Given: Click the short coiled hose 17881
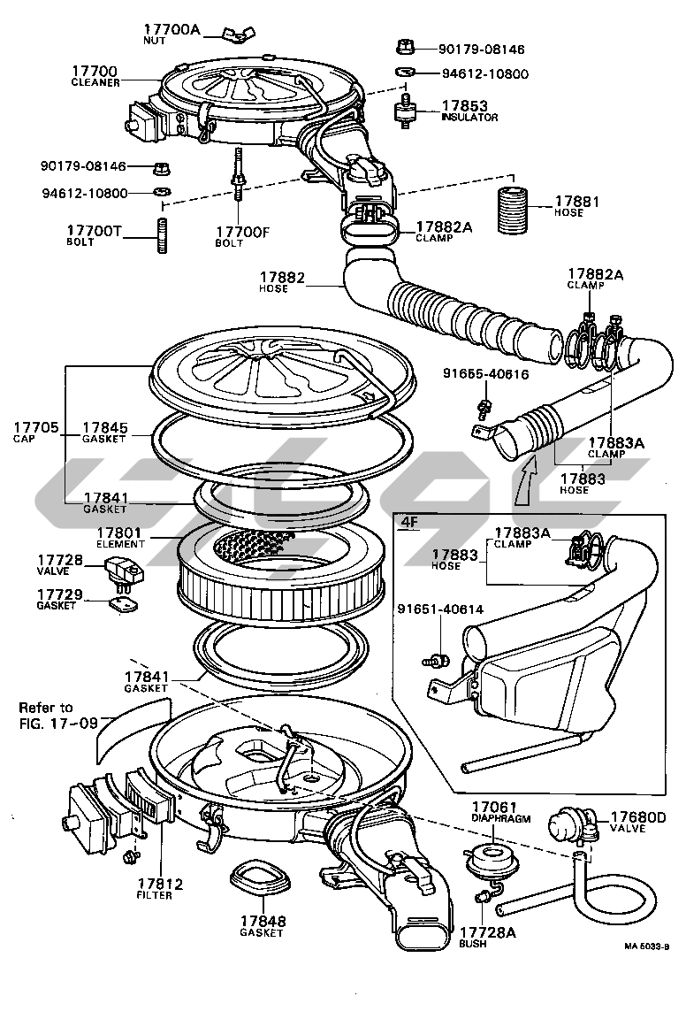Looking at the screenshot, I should point(510,212).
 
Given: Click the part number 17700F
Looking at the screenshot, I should point(241,232).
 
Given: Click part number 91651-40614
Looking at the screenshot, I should point(439,609).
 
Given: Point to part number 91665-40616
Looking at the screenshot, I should point(485,375).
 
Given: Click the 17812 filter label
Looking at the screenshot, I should point(160,883).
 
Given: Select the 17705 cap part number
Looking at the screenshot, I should point(35,428).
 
